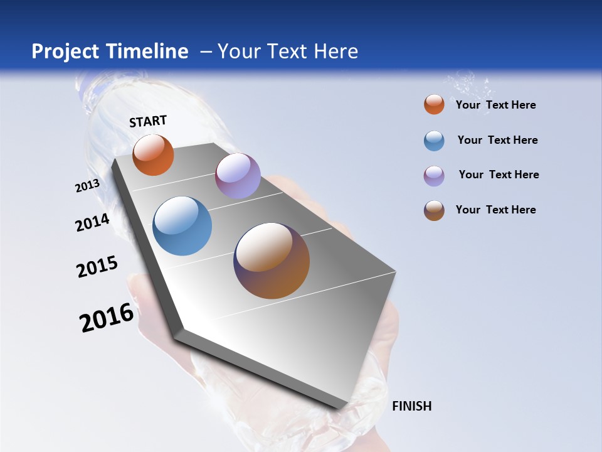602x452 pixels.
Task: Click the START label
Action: coord(148,121)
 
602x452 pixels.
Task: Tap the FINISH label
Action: coord(411,406)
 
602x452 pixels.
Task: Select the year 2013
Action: coord(87,186)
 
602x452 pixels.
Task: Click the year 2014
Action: coord(92,222)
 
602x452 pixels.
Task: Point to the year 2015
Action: coord(97,266)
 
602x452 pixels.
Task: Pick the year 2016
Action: coord(107,318)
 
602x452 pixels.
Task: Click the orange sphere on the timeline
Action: coord(153,155)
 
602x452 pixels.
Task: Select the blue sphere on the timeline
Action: coord(182,226)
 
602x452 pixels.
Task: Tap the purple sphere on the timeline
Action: coord(238,176)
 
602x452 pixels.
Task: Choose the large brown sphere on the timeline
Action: coord(272,261)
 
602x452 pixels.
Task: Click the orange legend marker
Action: coord(434,104)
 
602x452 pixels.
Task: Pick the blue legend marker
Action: coord(434,141)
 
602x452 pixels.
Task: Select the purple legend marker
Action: coord(434,176)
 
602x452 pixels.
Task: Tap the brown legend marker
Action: coord(434,210)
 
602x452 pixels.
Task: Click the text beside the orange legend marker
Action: coord(495,105)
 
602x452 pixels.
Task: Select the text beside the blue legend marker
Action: coord(497,140)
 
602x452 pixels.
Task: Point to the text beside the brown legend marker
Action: coord(495,210)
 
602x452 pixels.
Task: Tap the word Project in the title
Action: coord(63,51)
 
